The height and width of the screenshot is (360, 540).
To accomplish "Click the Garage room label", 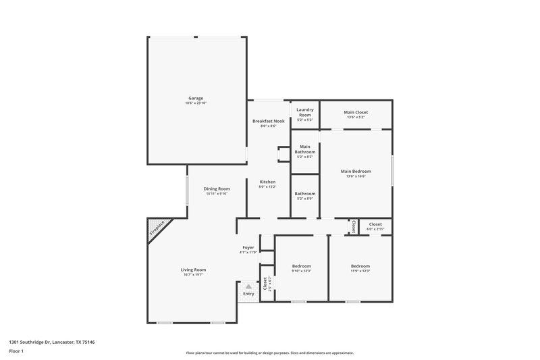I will [196, 98].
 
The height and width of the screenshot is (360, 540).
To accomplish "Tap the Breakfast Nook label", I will [268, 121].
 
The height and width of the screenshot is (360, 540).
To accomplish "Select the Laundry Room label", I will [305, 112].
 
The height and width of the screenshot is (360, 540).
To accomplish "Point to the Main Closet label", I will [356, 112].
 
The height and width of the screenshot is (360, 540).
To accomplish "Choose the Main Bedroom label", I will [356, 172].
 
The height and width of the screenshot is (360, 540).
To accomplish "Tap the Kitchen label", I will [268, 182].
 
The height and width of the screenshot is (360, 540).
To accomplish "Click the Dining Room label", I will [217, 188].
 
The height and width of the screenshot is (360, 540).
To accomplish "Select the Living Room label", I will [193, 269].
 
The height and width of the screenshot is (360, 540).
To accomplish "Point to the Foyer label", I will [248, 247].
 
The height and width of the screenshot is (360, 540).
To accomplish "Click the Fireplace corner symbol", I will [158, 228].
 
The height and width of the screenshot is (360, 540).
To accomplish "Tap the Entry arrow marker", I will [248, 286].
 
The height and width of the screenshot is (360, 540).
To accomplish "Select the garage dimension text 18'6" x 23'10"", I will [196, 103].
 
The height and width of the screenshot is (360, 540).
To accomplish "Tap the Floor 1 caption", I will [17, 352].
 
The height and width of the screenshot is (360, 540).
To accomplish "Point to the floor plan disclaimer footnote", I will [270, 353].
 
